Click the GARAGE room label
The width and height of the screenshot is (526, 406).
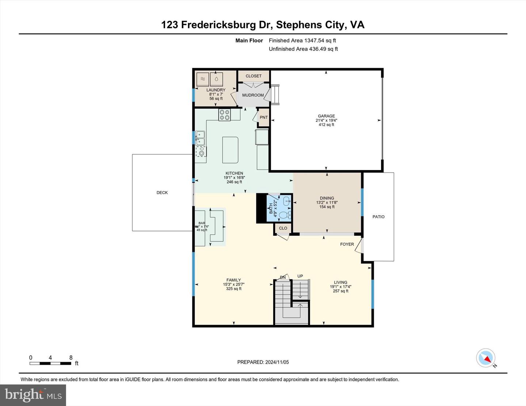point(326,116)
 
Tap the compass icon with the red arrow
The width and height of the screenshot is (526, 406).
point(486,358)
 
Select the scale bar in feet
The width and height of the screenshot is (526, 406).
point(50,363)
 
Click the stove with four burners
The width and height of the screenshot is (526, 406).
point(224,115)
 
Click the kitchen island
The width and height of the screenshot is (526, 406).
point(230,150)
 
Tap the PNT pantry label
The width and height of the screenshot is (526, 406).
point(264,117)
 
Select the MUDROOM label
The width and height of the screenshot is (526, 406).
point(253,95)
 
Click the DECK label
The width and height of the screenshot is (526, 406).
point(162,193)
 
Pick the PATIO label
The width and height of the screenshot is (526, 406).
point(378,217)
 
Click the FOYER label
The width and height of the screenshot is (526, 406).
point(347,244)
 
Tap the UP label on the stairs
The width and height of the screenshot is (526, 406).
point(300,276)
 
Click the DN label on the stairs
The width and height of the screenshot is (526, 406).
point(283,278)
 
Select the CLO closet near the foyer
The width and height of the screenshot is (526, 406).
point(283,228)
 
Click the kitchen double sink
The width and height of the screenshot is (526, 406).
point(200,138)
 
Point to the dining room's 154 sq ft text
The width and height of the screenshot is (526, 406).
point(327,207)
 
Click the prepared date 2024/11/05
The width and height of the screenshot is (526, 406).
point(263,362)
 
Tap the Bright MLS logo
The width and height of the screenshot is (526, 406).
point(33,395)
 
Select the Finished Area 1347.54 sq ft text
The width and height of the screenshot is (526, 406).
point(302,40)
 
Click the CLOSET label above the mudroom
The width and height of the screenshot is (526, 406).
point(254,76)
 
